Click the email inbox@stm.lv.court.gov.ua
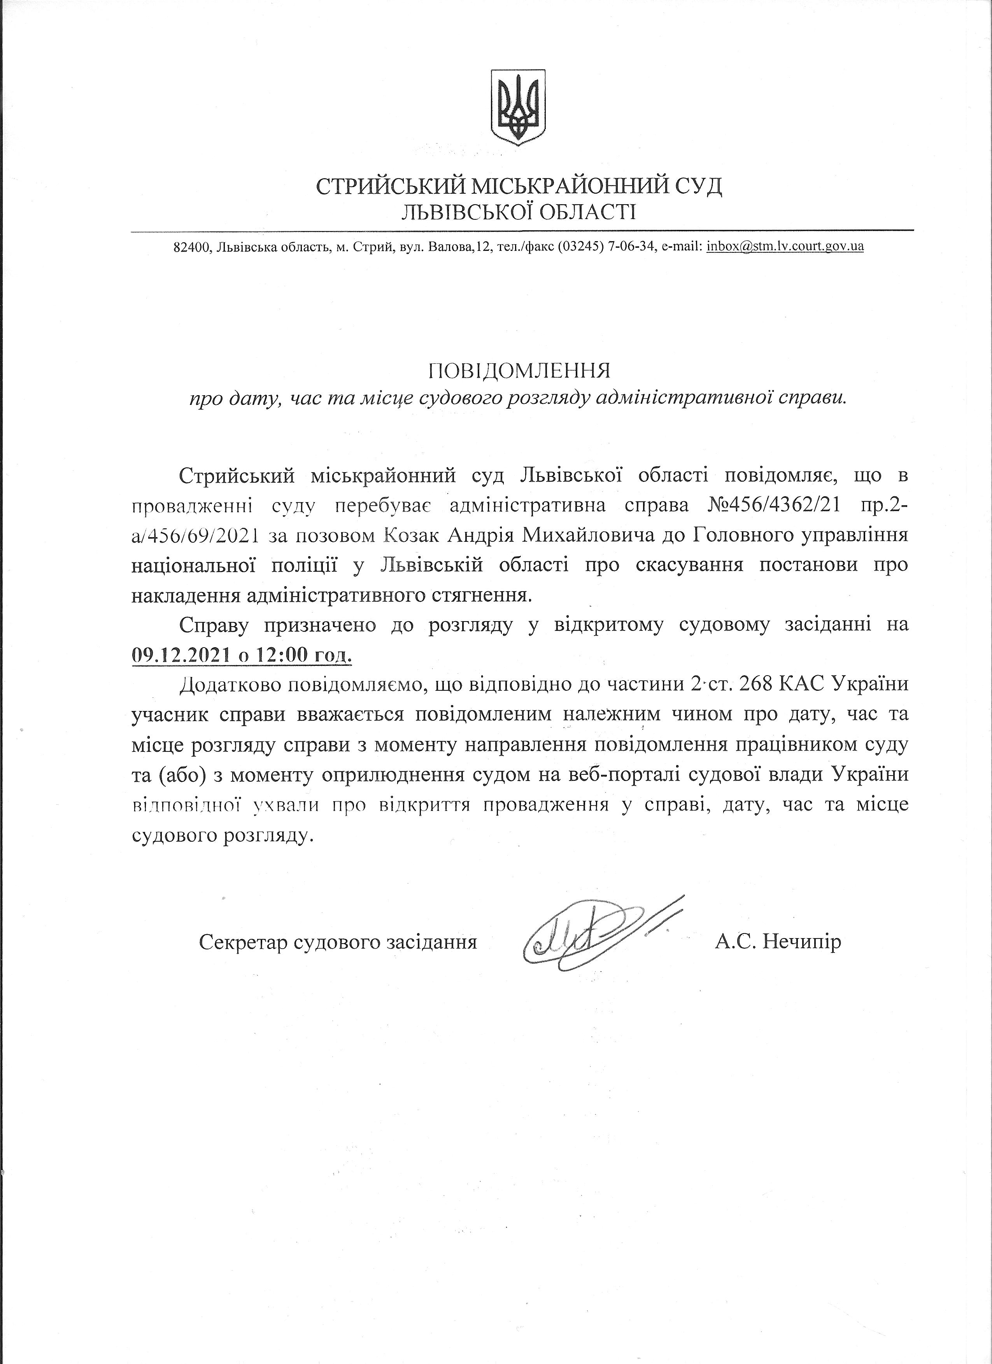(786, 247)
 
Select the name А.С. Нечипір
(778, 941)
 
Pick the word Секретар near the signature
(243, 941)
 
